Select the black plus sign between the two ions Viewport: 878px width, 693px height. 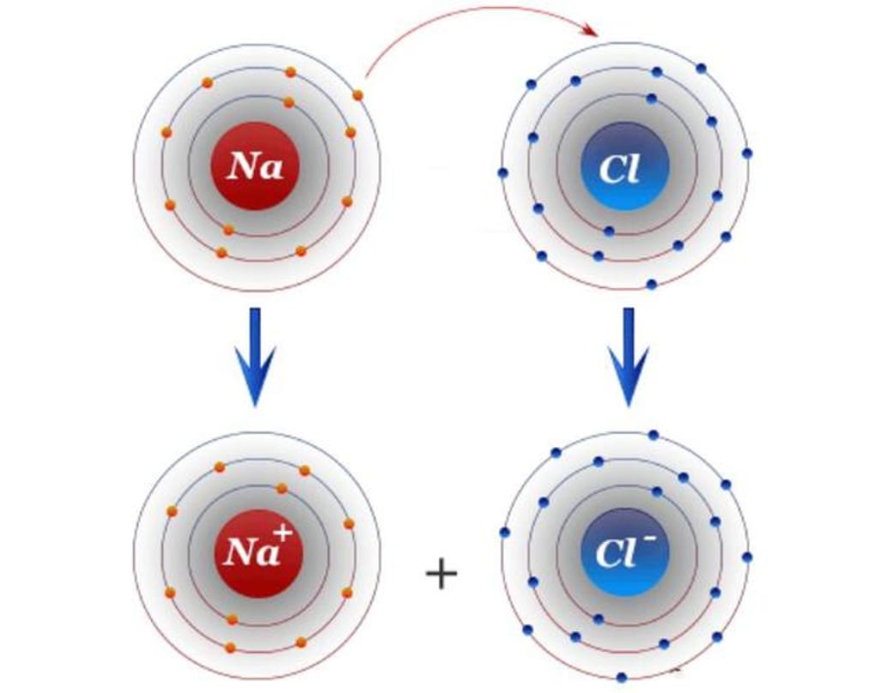[442, 574]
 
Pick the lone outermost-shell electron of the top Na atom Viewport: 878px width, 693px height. [358, 94]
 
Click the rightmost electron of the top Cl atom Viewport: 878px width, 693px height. [747, 154]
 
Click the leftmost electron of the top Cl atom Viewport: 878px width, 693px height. [502, 172]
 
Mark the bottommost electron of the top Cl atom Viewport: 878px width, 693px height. [652, 284]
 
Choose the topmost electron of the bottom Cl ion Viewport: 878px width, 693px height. [653, 435]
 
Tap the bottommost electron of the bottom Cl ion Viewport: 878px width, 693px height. [621, 677]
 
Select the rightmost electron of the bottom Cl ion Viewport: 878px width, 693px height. [747, 557]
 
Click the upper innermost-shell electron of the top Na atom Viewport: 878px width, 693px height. [289, 102]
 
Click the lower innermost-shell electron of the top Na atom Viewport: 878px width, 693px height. [228, 229]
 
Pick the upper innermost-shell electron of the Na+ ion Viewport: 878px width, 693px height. [281, 488]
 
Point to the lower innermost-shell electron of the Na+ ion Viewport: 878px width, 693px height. [232, 618]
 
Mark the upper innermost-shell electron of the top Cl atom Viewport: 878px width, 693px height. [652, 99]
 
